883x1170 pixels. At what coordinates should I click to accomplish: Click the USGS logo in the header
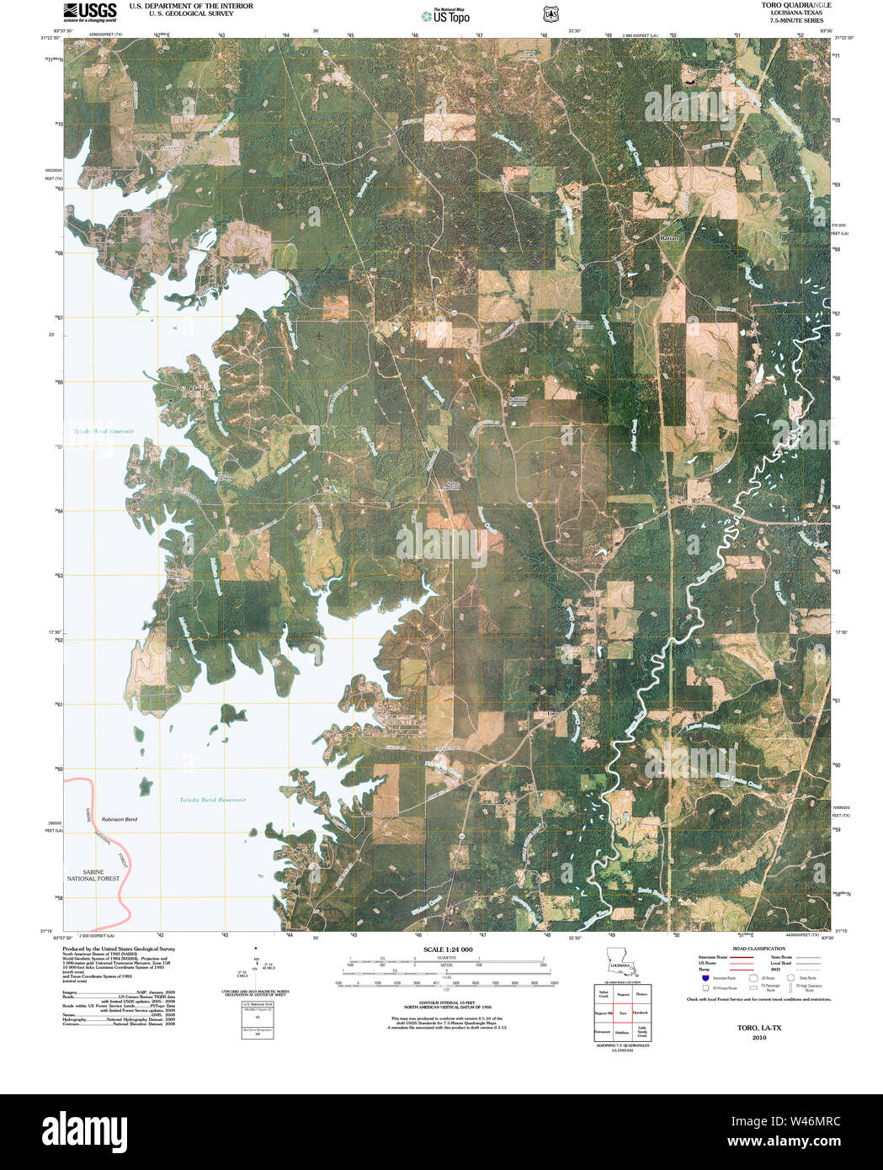pos(90,11)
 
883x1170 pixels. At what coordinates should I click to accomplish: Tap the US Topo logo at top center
pos(446,15)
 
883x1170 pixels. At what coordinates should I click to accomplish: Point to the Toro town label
pos(552,714)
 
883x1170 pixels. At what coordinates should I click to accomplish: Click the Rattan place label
pos(669,239)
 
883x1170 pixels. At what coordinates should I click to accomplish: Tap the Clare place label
pos(198,389)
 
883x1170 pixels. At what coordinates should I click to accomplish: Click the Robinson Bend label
pos(119,819)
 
